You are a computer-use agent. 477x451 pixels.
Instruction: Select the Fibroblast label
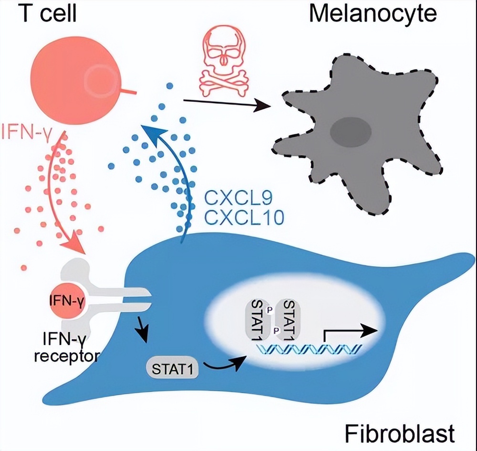pyautogui.click(x=399, y=434)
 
